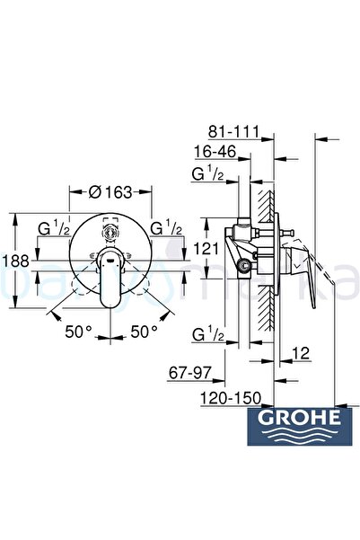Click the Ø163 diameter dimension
point(113,190)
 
